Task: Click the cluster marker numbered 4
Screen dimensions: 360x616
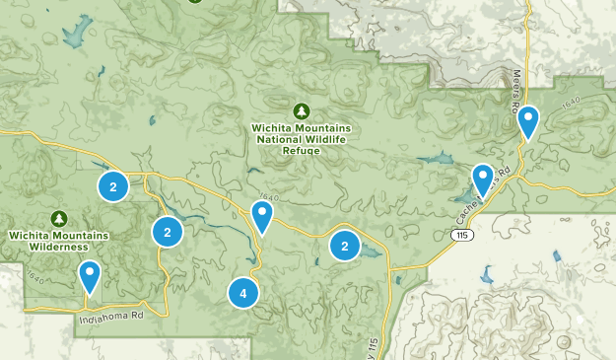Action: pos(242,293)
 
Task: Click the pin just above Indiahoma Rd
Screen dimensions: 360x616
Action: pos(90,277)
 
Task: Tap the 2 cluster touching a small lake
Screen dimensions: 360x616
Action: pos(345,246)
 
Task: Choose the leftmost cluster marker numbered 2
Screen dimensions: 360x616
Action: pos(113,185)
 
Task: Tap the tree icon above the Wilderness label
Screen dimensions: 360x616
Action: pos(59,218)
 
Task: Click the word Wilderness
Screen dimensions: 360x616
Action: pos(59,248)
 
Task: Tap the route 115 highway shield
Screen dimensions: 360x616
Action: pos(462,235)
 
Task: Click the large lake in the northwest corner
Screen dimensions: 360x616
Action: pos(75,36)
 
